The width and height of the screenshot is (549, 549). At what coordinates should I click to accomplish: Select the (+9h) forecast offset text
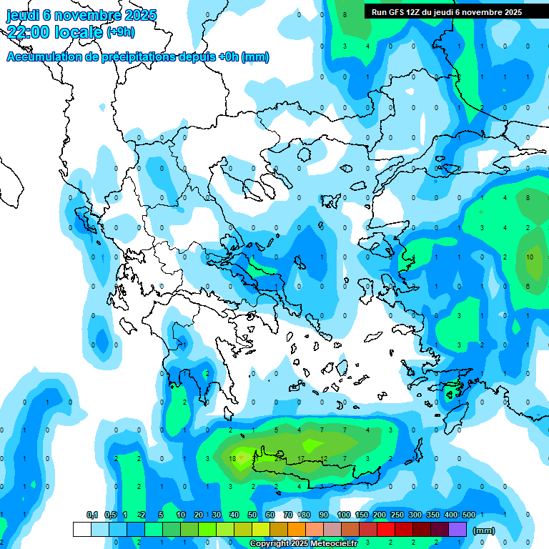click(120, 31)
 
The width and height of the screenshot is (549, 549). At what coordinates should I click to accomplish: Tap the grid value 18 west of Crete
click(232, 458)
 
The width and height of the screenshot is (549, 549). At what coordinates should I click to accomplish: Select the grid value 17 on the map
click(301, 458)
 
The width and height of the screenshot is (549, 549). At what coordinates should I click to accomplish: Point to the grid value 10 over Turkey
click(530, 257)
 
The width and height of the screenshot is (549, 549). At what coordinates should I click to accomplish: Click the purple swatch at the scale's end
click(457, 530)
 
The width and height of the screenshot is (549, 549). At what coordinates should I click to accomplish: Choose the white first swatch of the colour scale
click(82, 530)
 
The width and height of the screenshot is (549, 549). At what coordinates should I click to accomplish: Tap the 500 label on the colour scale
click(468, 515)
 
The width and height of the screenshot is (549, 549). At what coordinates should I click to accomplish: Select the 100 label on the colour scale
click(343, 515)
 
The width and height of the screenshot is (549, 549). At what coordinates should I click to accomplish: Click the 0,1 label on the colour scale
click(92, 515)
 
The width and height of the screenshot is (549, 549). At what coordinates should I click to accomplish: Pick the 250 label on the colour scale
click(397, 515)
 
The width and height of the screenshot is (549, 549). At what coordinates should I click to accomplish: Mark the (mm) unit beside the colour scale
click(484, 530)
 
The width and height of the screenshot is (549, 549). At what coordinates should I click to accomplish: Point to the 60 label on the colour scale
click(269, 515)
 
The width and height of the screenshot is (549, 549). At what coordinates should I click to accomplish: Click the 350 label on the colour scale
click(432, 515)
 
